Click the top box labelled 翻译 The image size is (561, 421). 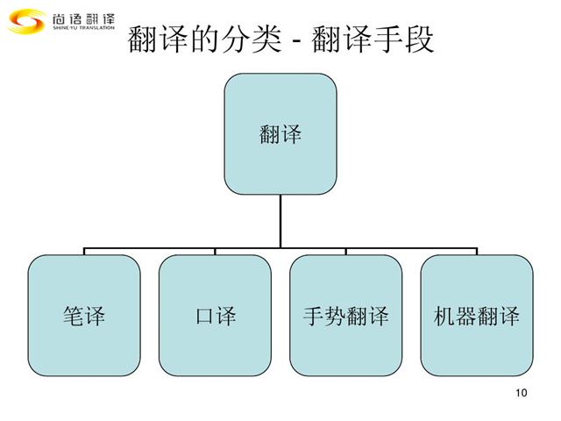tap(280, 133)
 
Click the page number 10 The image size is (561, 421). tap(522, 392)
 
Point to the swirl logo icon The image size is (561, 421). tap(25, 20)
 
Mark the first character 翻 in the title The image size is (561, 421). tap(141, 39)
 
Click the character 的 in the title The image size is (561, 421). tap(208, 39)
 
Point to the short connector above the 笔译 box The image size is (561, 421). tap(84, 252)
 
